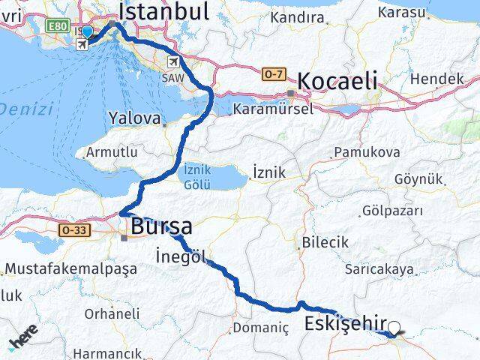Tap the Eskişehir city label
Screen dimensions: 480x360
tap(345, 325)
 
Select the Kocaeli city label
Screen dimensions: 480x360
tap(337, 82)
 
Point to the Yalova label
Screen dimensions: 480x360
tap(134, 118)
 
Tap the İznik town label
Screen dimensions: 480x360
tap(269, 172)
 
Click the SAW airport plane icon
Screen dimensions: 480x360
tap(174, 61)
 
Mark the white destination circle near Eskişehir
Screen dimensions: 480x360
tap(394, 327)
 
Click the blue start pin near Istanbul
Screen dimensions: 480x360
tap(88, 32)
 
